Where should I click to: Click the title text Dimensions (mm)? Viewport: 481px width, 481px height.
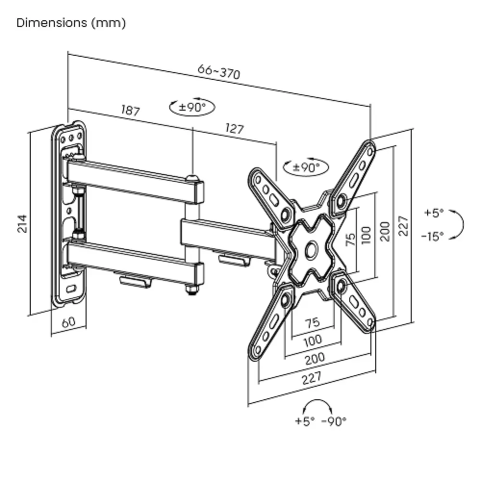[71, 23]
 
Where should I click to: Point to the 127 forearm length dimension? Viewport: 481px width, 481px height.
[234, 129]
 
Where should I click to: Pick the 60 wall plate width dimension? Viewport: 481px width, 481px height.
[69, 322]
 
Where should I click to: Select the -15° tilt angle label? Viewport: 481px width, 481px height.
[432, 236]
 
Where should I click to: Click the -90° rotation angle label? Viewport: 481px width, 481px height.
[333, 421]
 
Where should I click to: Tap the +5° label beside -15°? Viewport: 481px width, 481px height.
[434, 213]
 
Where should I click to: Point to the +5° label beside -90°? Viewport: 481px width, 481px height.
[305, 421]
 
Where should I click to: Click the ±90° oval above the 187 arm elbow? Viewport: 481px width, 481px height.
[192, 107]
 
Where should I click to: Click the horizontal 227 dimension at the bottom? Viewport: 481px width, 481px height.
[312, 378]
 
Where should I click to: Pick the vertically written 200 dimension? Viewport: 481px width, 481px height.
[384, 231]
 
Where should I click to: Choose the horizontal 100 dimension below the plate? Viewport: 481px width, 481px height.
[313, 340]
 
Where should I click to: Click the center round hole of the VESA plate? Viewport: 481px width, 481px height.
[311, 250]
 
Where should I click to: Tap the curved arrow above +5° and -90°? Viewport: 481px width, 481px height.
[317, 404]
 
